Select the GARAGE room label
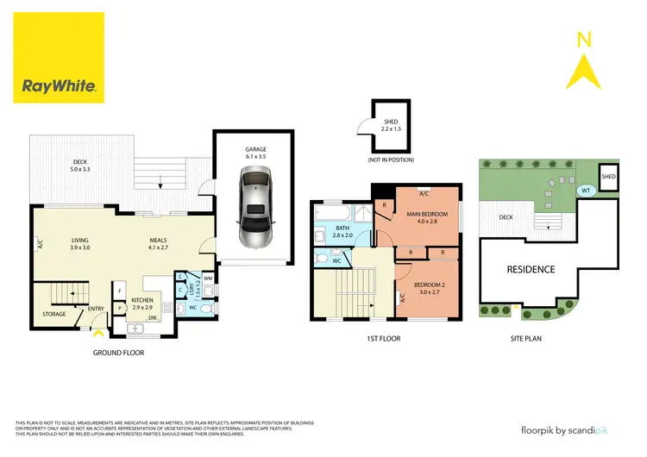tap(255, 148)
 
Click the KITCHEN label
tap(141, 303)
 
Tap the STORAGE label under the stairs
tap(54, 314)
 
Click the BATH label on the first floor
tap(342, 229)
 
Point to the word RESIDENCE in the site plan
tap(531, 269)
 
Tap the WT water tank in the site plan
tap(586, 191)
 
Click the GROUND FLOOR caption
tap(118, 353)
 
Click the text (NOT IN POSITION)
tap(391, 160)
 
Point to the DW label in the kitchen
tap(152, 318)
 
